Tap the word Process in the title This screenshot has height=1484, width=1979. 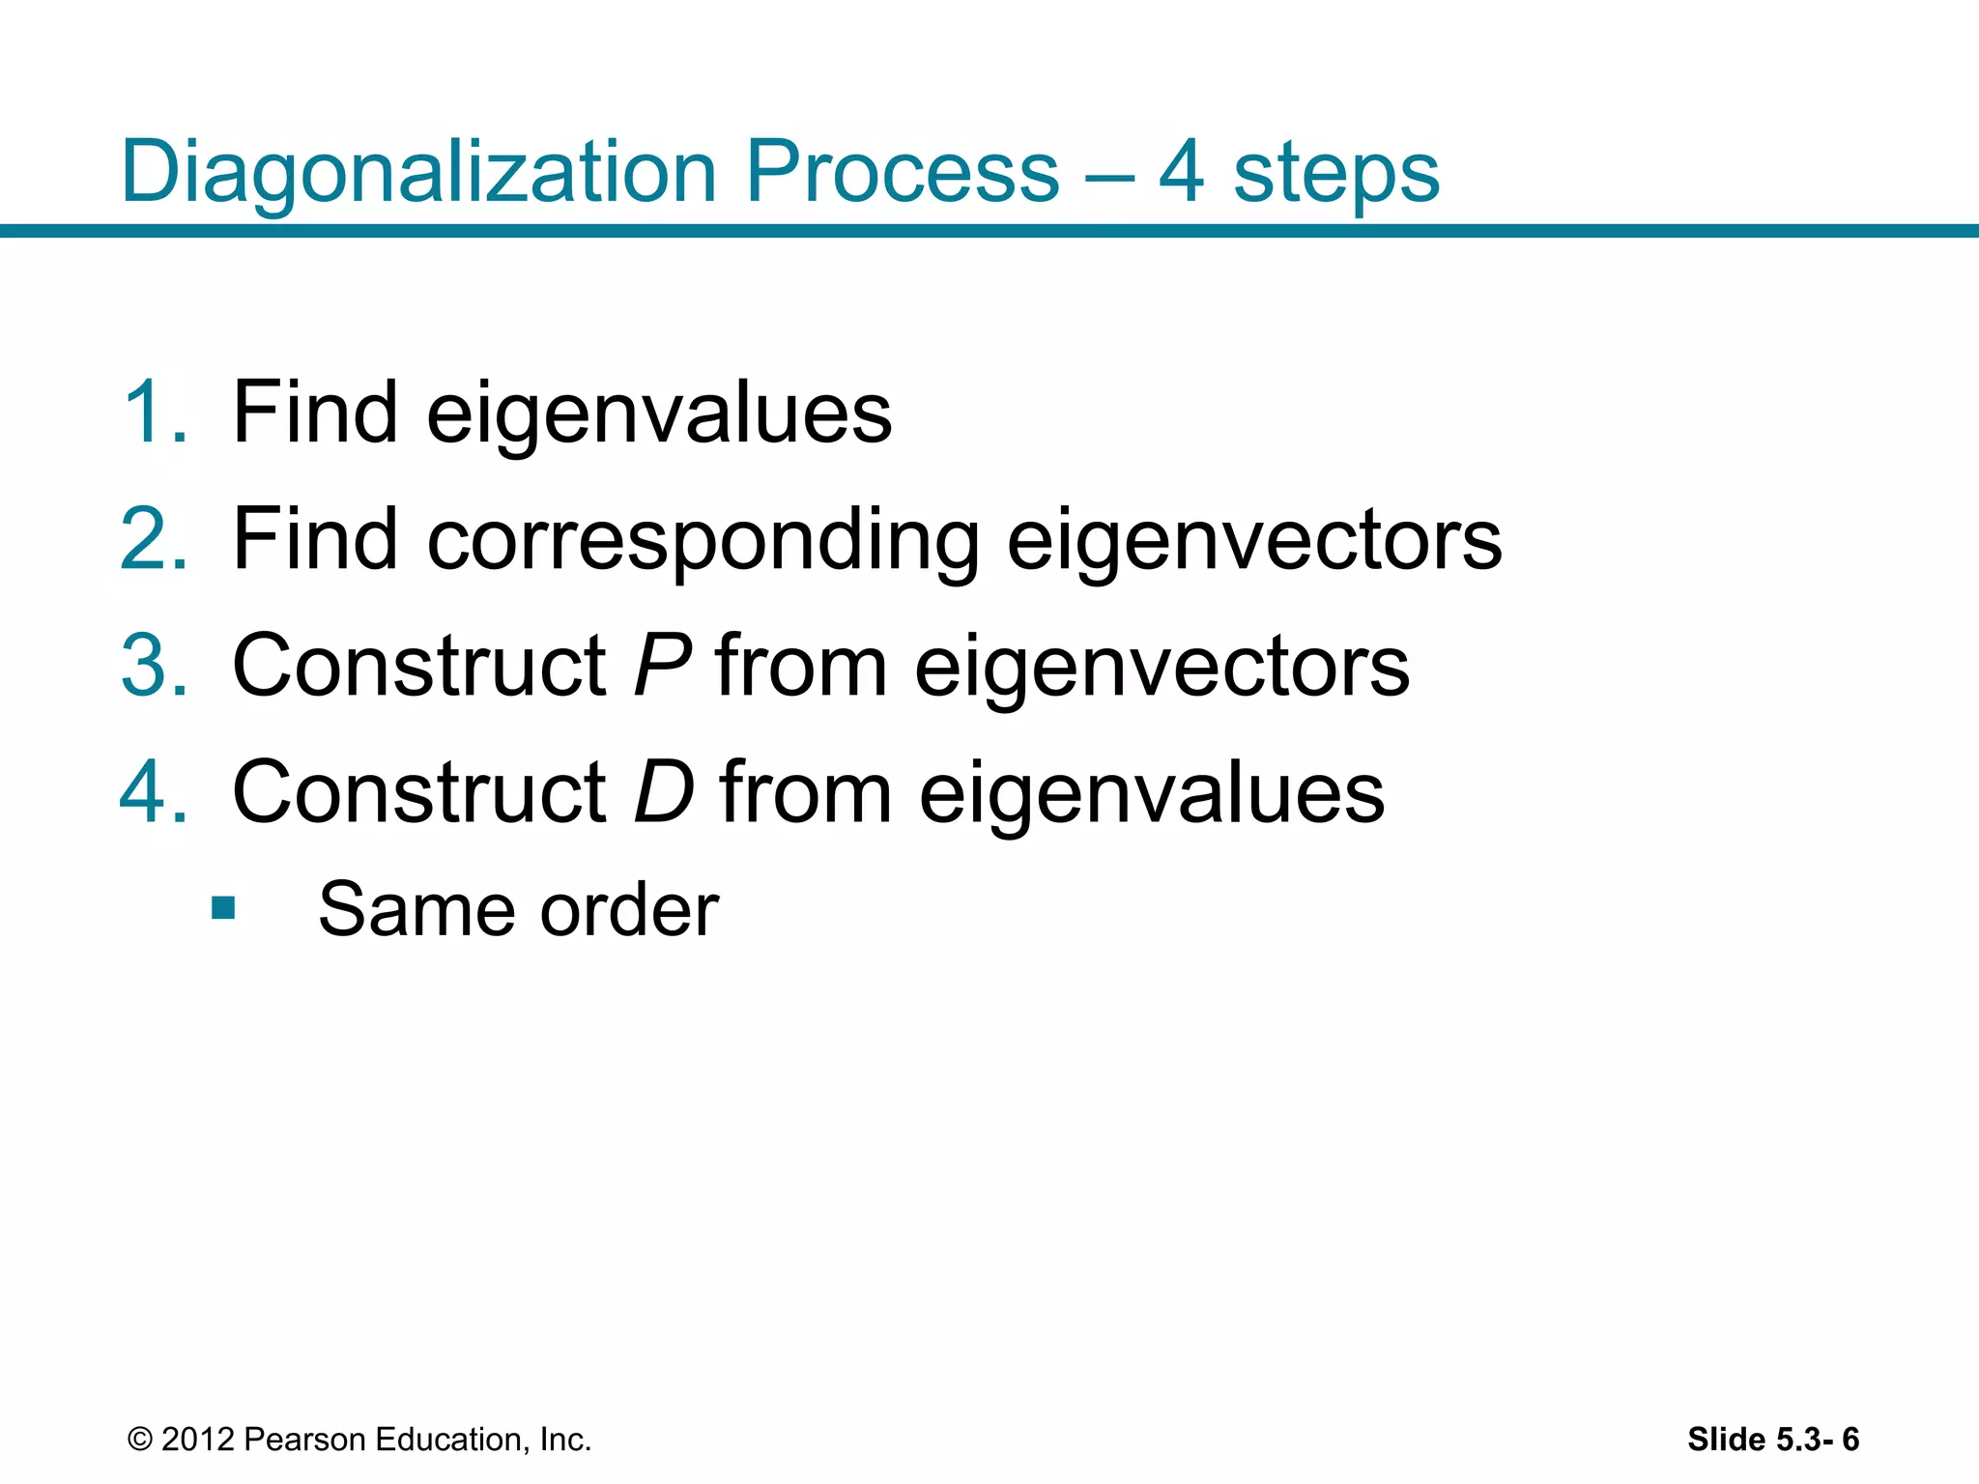click(903, 172)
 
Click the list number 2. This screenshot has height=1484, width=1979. click(153, 539)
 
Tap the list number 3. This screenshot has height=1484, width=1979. click(153, 666)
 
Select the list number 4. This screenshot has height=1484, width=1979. click(153, 792)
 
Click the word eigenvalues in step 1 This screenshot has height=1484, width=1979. click(659, 413)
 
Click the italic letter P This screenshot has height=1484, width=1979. click(663, 666)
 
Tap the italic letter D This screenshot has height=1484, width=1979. click(664, 792)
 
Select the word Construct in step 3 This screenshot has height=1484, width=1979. click(419, 666)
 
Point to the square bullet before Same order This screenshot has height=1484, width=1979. click(223, 908)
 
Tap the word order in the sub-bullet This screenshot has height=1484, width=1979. click(629, 910)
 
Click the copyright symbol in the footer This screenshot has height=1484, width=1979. click(140, 1440)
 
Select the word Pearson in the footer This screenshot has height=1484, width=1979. click(304, 1440)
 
